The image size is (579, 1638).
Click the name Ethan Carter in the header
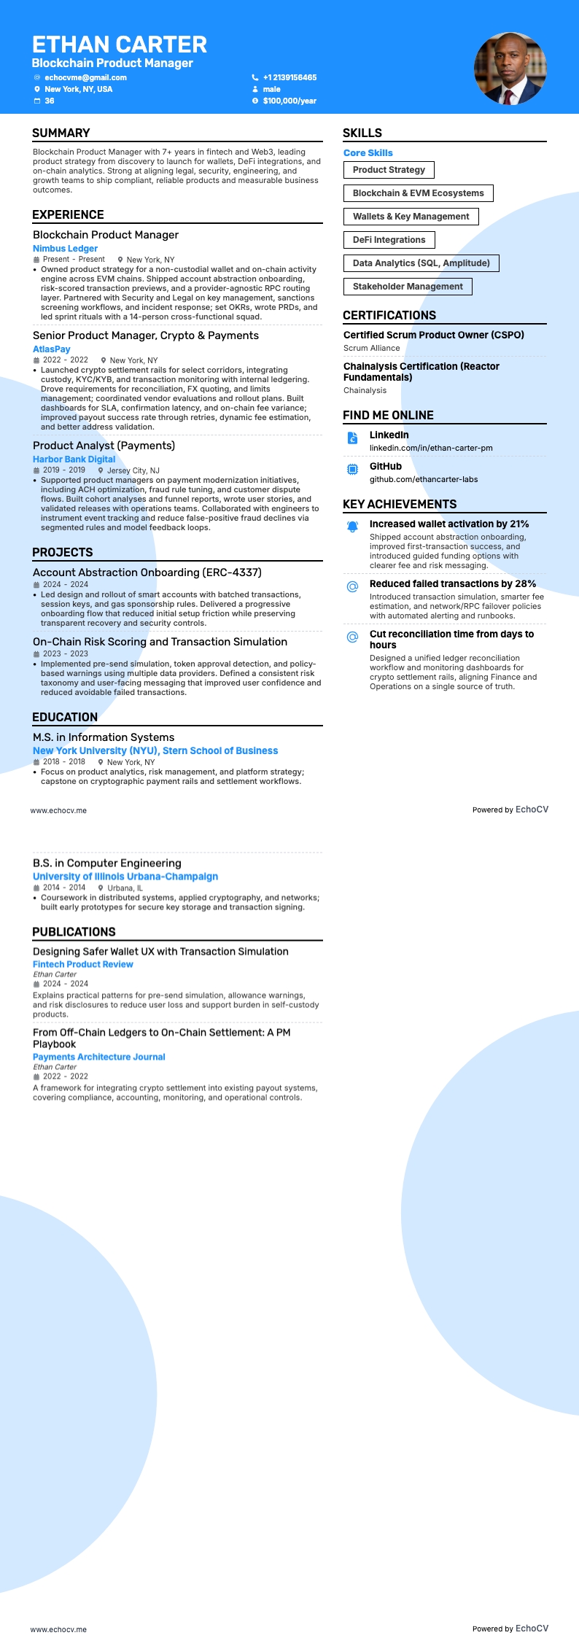pos(120,44)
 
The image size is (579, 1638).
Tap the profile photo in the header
pos(510,69)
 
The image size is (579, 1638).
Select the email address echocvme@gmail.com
pos(85,77)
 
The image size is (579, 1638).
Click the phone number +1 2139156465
pos(289,77)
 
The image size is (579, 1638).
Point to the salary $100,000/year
pos(289,101)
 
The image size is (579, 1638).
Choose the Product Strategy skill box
pos(389,170)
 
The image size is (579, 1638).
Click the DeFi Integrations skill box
pos(389,240)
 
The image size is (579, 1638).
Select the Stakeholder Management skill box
pos(408,287)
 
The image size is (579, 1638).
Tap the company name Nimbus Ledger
pos(65,249)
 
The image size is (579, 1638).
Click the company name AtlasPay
pos(52,349)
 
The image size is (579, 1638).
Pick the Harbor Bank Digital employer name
pos(74,459)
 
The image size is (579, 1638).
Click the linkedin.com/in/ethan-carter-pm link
pos(431,448)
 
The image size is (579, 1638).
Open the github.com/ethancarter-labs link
pos(424,479)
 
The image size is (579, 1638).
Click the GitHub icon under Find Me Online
pos(352,469)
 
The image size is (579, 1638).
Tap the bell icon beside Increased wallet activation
pos(352,527)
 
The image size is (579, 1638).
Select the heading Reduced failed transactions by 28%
pos(453,583)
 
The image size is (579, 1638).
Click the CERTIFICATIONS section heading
pos(389,315)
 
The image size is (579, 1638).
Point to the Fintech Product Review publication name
pos(83,964)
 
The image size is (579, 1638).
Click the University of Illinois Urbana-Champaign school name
pos(125,877)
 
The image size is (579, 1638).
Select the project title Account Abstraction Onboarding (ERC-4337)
pos(147,572)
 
